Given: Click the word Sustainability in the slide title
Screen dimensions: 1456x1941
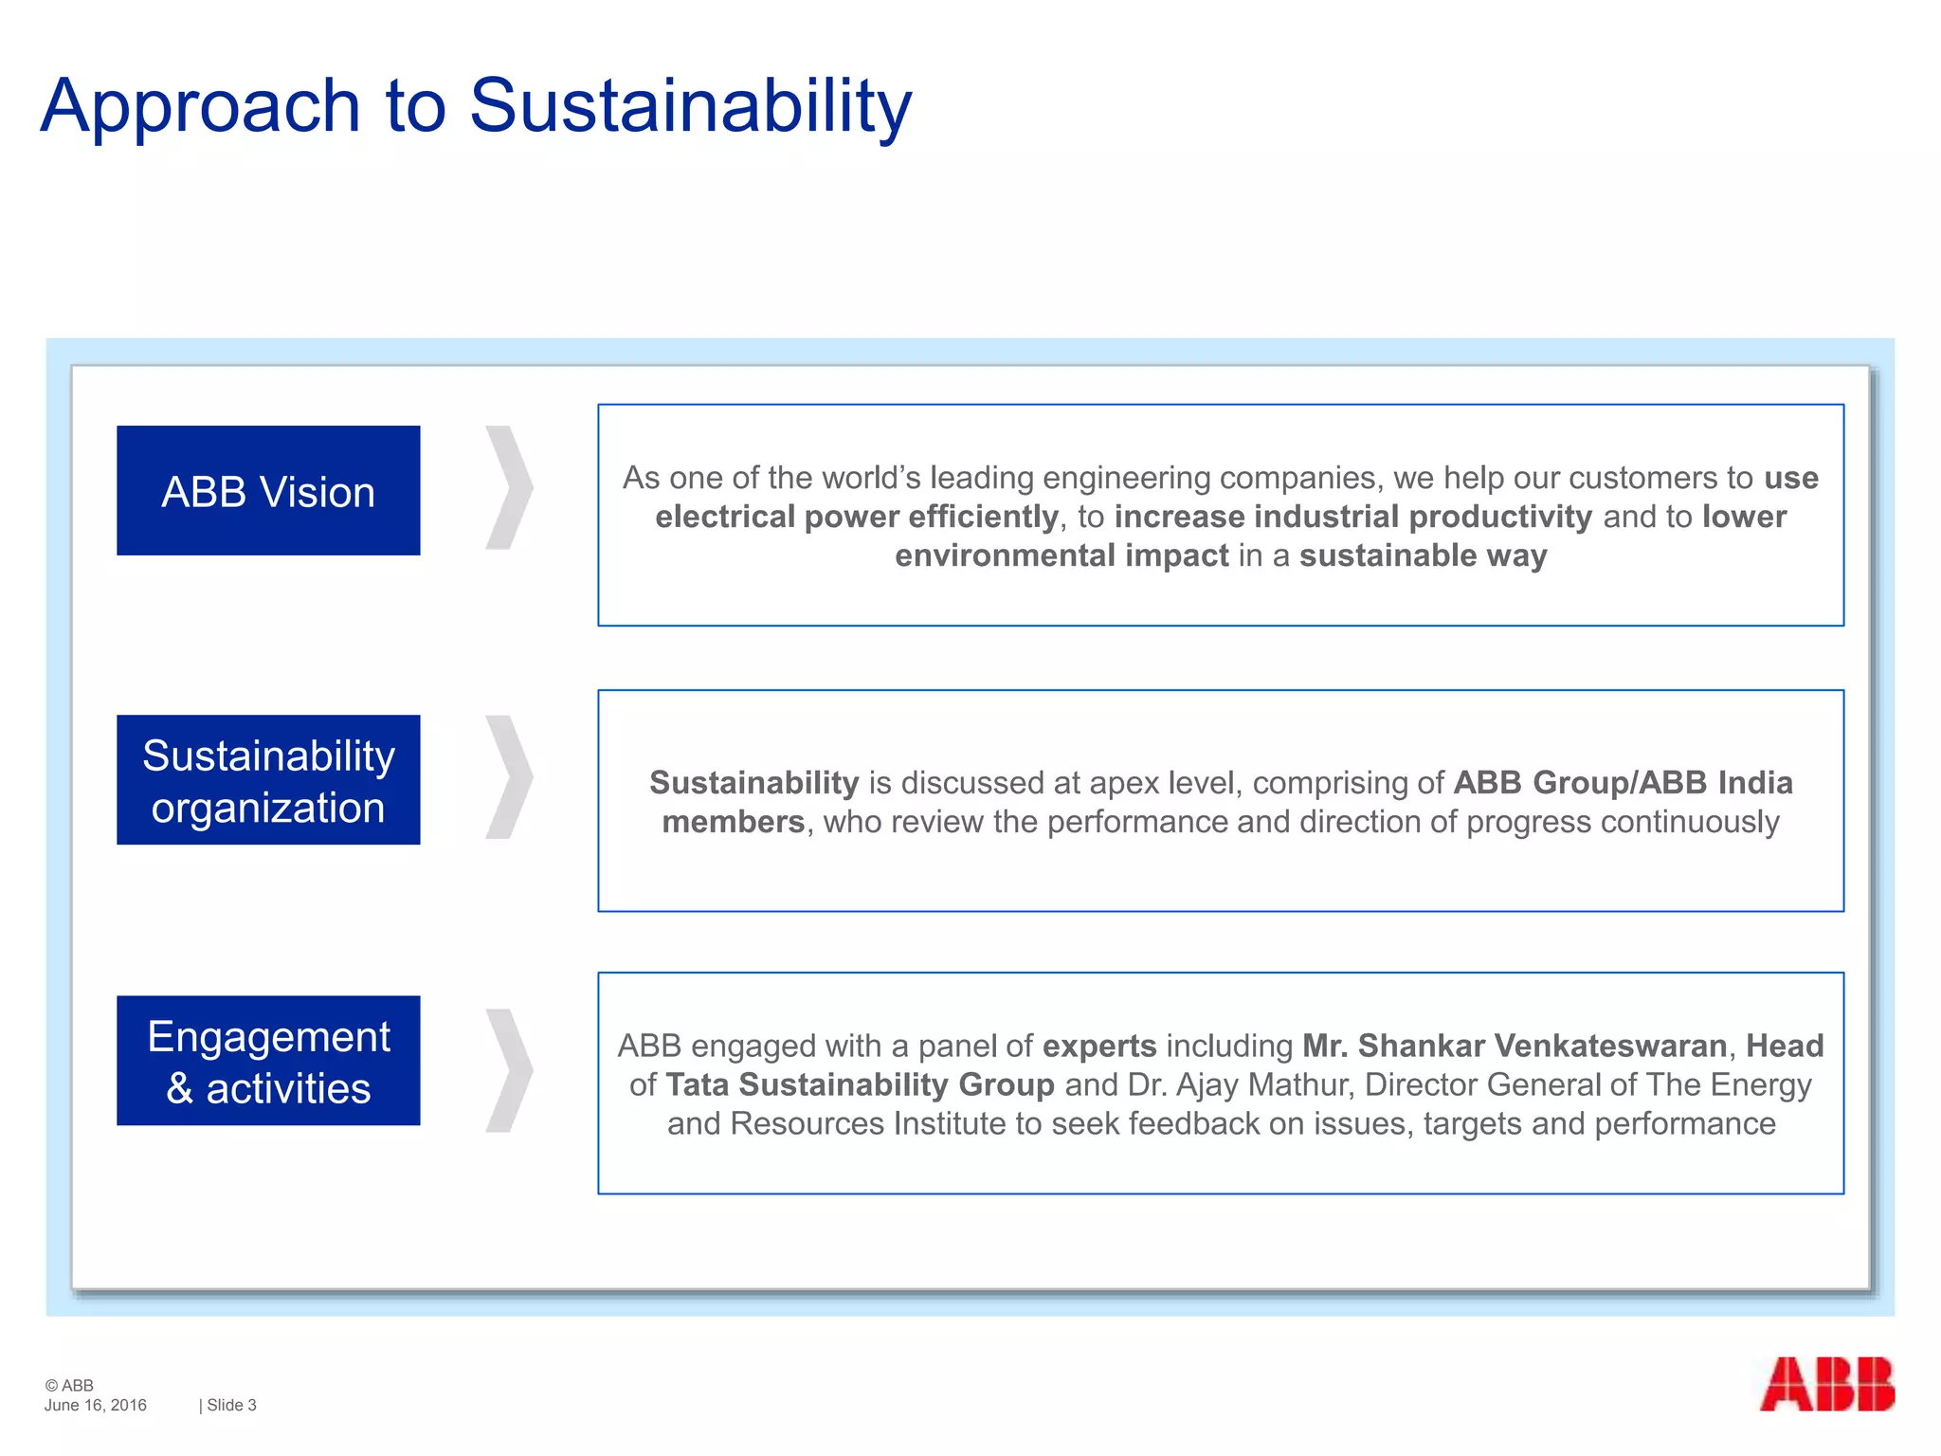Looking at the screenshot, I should point(690,106).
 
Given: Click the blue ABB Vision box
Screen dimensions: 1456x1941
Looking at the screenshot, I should point(268,490).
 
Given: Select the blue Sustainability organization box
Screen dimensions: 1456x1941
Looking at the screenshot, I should point(268,780).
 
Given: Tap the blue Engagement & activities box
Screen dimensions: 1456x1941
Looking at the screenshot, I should point(268,1061).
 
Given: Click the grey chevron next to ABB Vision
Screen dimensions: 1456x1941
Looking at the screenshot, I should point(510,487).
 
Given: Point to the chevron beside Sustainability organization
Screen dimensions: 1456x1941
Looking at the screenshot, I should point(510,777).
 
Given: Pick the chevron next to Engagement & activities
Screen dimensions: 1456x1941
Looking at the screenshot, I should point(510,1070).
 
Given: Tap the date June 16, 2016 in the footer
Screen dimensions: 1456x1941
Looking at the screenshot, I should point(95,1405).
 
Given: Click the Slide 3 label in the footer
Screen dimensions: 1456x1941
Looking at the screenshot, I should point(230,1405).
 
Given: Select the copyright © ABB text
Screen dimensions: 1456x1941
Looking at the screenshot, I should point(69,1385).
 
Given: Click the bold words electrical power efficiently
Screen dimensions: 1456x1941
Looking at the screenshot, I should point(856,517).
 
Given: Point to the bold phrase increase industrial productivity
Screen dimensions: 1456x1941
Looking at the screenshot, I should point(1352,517).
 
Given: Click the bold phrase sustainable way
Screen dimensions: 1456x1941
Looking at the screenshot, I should point(1423,555).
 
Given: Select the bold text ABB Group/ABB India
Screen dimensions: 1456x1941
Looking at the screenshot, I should point(1623,783).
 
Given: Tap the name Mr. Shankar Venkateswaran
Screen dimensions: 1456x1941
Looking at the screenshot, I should point(1514,1046).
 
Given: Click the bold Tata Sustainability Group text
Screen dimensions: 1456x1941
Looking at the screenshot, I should point(860,1084).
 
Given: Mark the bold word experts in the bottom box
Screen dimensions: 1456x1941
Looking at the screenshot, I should point(1099,1046).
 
